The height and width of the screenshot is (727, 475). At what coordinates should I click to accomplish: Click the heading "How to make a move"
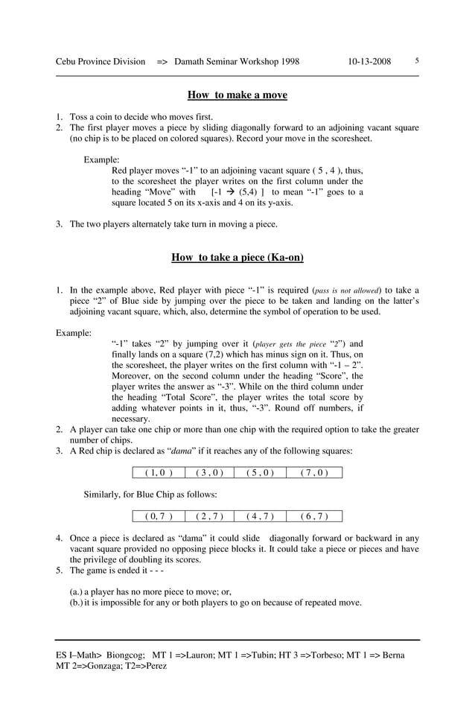coord(237,95)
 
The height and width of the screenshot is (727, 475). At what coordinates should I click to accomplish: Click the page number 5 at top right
coord(417,61)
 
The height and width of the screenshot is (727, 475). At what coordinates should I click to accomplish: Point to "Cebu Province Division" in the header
coord(101,62)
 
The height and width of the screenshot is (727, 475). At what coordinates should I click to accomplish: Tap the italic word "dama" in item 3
coord(183,451)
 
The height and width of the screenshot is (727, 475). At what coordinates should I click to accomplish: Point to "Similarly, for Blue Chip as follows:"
coord(150,494)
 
